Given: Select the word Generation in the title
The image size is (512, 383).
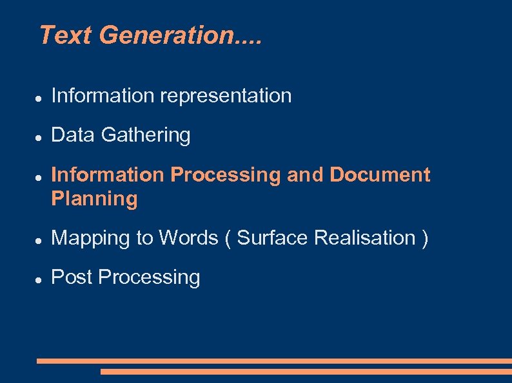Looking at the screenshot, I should click(168, 35).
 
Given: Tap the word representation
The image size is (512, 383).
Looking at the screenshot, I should click(226, 97).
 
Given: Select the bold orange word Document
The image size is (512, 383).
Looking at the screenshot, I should click(380, 174).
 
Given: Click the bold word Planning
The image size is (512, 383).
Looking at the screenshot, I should click(94, 199).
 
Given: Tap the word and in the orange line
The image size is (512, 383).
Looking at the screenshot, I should click(305, 174).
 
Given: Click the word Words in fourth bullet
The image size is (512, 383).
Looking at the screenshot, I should click(189, 238).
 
